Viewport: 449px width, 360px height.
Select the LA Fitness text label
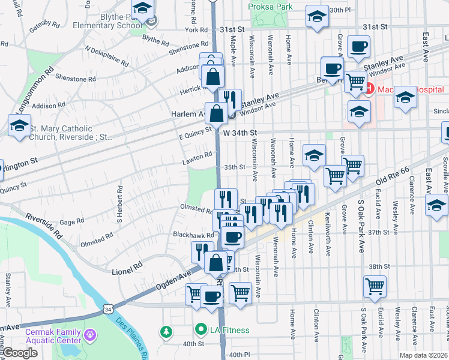[x=229, y=329]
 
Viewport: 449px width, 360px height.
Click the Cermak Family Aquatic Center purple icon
[x=91, y=333]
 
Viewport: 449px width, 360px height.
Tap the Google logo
[x=20, y=353]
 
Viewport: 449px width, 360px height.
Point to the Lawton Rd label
[x=197, y=155]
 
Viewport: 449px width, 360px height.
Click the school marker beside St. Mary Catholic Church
[x=19, y=126]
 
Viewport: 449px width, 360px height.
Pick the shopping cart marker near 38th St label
[x=375, y=286]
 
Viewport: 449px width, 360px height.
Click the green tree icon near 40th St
[x=166, y=331]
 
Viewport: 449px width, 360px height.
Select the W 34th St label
[x=240, y=133]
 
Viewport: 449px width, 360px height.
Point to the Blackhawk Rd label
[x=193, y=235]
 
